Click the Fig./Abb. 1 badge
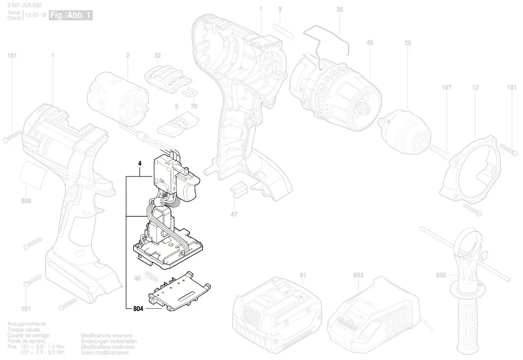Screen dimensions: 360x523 point(71,15)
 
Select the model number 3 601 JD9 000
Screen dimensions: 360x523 point(24,5)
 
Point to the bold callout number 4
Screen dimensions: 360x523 point(140,163)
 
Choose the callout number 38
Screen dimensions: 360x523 point(340,10)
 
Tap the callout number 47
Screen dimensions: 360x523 point(234,214)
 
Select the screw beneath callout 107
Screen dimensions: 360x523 point(441,151)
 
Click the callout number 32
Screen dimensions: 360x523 point(157,56)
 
